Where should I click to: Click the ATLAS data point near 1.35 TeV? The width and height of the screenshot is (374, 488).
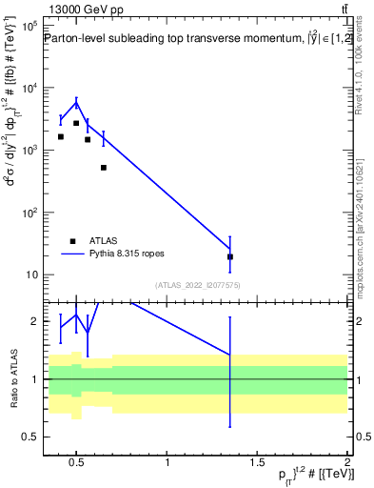coord(230,256)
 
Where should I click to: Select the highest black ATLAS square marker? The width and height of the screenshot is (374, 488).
coord(76,123)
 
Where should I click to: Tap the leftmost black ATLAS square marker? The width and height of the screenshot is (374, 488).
coord(61,136)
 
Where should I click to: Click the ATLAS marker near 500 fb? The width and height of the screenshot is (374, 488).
coord(103,168)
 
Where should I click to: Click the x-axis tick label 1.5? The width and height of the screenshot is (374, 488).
coord(257,464)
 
